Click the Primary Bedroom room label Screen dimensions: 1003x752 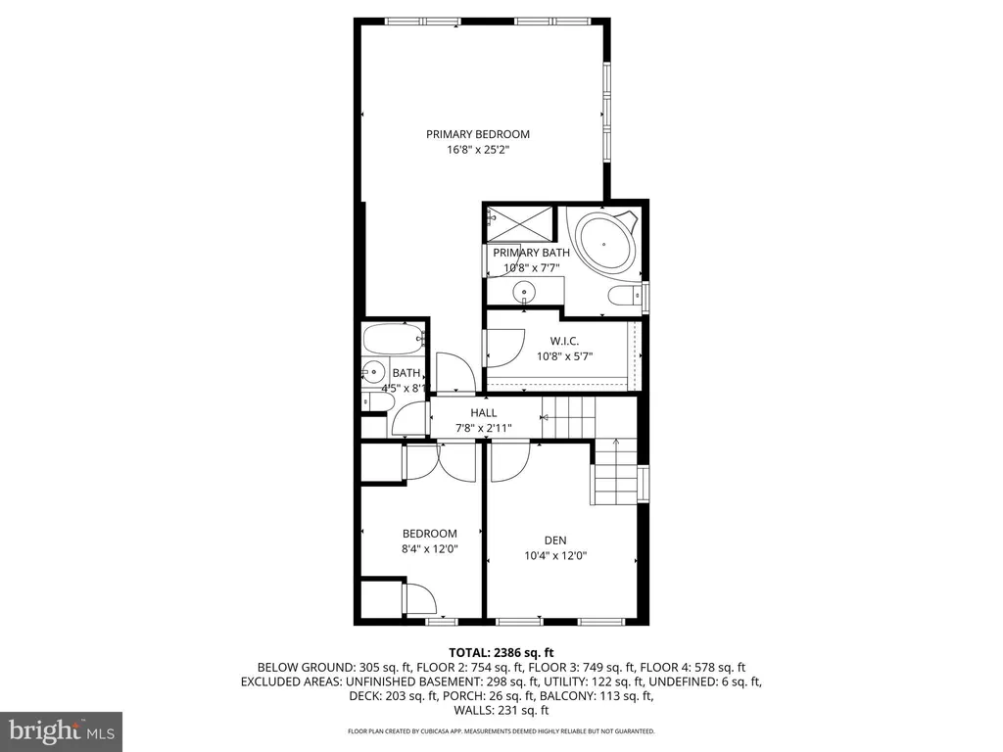point(478,134)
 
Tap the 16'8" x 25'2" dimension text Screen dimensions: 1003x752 point(478,150)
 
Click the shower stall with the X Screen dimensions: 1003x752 point(520,223)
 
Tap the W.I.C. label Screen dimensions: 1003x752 point(564,342)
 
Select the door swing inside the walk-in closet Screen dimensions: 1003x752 point(504,348)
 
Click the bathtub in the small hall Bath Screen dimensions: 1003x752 point(394,339)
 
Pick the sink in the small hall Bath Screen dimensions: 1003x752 point(373,371)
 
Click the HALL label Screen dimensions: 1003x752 point(484,413)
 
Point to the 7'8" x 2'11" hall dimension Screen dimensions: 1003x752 point(484,429)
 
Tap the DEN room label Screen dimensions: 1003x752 point(555,540)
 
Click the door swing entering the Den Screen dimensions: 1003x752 point(509,462)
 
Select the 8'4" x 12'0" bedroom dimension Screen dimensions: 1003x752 point(430,548)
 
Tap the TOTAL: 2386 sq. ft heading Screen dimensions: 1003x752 point(501,653)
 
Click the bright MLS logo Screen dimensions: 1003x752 point(62,731)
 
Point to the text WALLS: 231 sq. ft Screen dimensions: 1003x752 point(501,711)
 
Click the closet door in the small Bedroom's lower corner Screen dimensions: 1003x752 point(419,599)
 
